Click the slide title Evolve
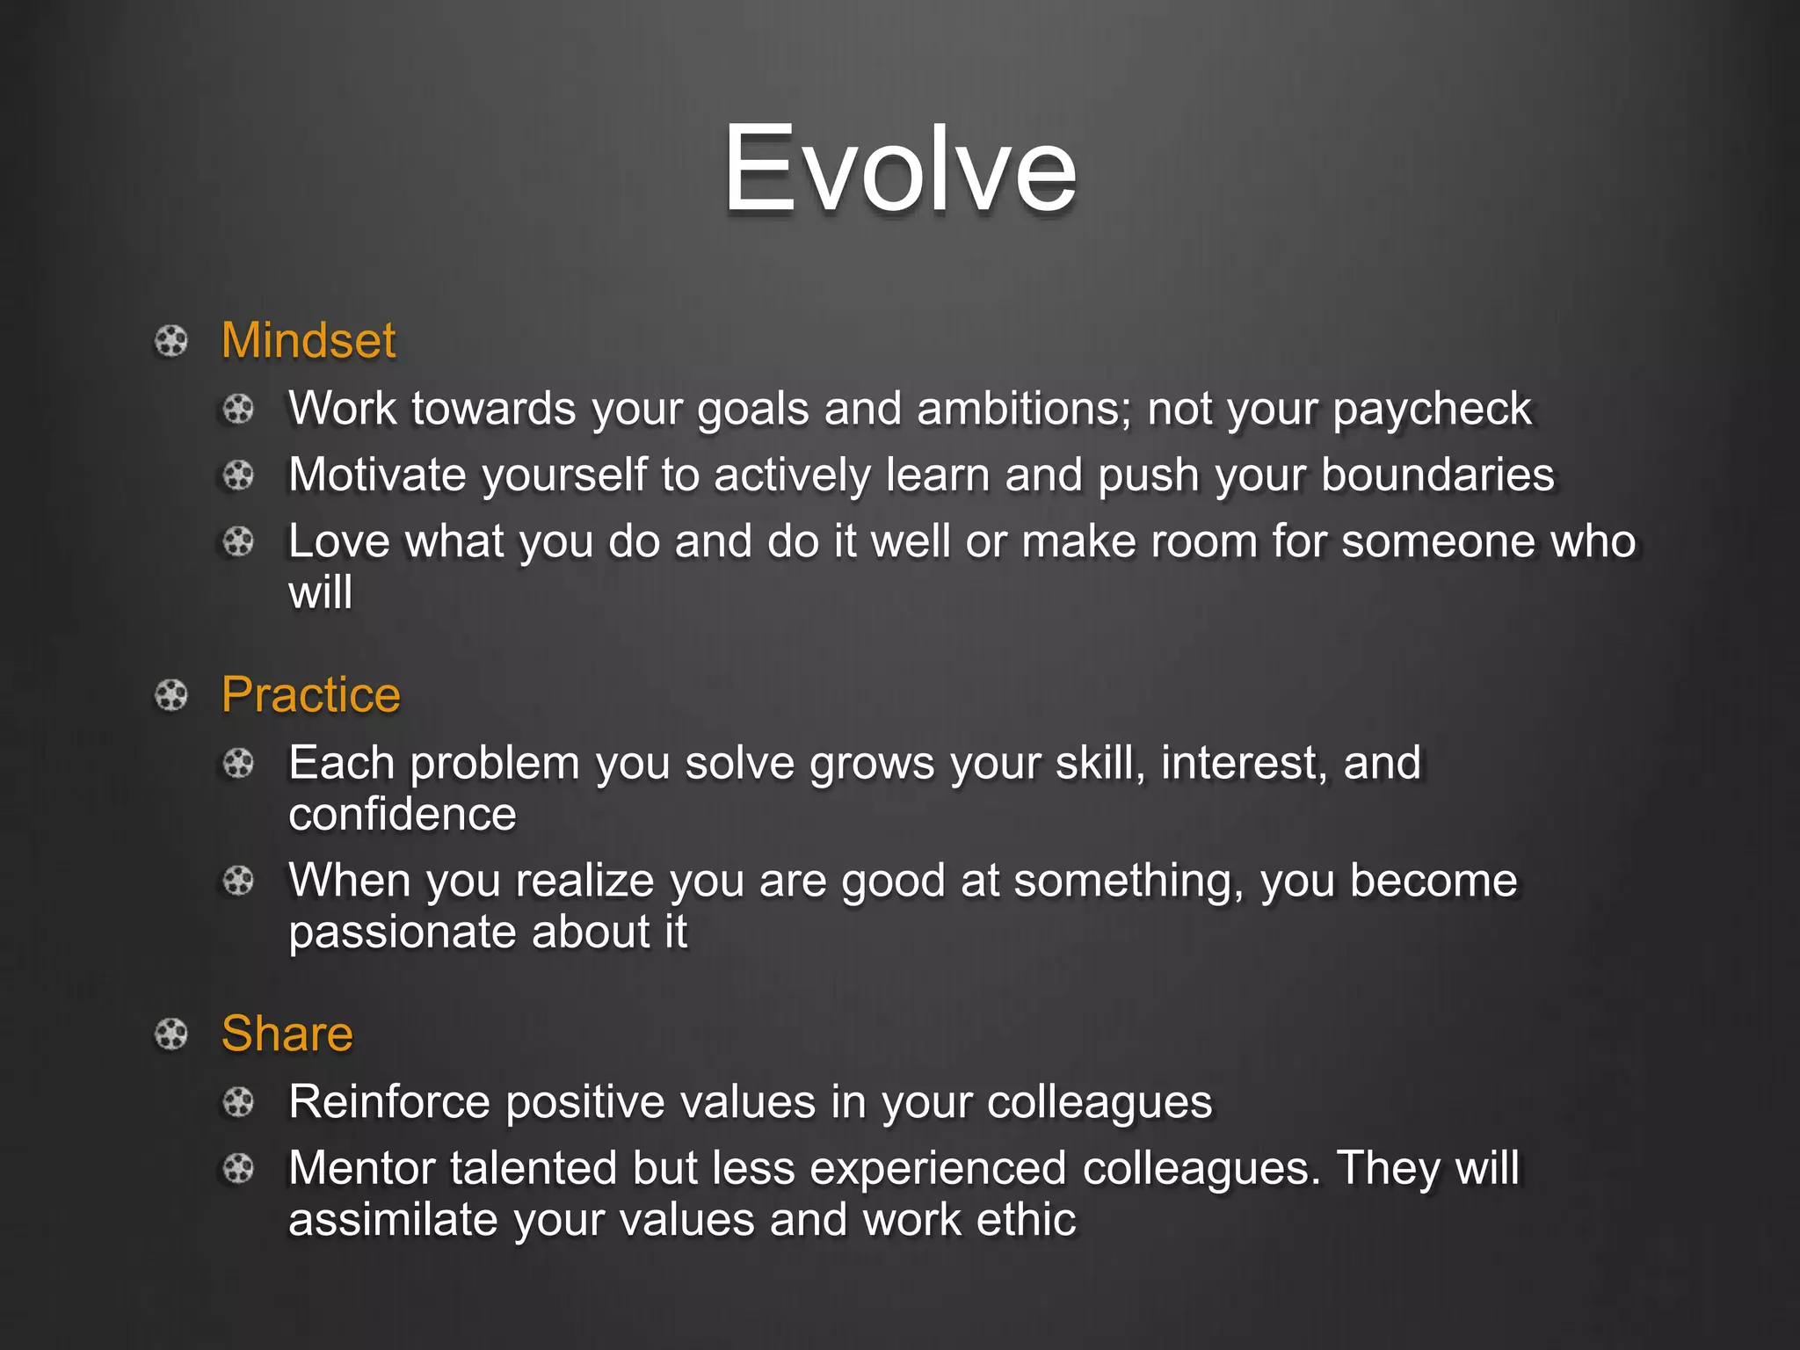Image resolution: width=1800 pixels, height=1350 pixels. (899, 169)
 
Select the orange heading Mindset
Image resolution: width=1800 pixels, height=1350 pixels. (308, 341)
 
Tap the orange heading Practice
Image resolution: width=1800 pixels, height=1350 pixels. (311, 695)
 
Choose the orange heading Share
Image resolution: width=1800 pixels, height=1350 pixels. (287, 1034)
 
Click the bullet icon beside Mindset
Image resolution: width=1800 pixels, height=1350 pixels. (171, 341)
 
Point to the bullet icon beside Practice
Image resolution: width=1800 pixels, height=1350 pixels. (171, 695)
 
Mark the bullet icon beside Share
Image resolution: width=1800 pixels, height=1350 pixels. (171, 1034)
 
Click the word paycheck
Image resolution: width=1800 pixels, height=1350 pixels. (1432, 410)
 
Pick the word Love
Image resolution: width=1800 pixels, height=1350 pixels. (338, 541)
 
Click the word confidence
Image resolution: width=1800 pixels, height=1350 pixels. (403, 815)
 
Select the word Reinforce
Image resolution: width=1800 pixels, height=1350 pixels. (389, 1102)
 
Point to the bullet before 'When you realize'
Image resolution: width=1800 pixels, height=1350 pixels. (238, 881)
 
